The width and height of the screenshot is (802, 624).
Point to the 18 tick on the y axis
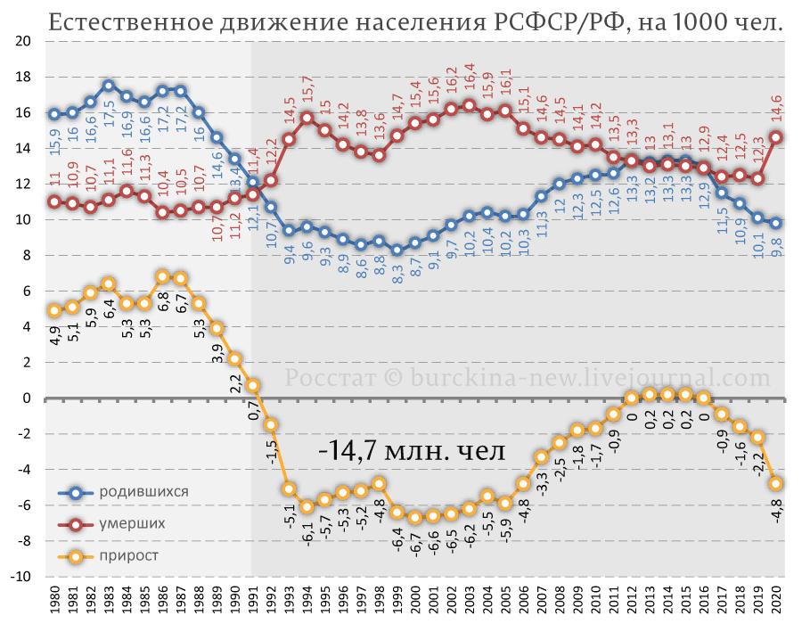pyautogui.click(x=24, y=77)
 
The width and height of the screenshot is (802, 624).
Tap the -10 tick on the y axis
pyautogui.click(x=21, y=576)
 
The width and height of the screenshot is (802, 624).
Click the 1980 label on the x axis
pyautogui.click(x=54, y=600)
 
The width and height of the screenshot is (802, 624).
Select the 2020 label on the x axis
pyautogui.click(x=777, y=600)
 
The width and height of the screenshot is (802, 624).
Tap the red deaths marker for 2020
pyautogui.click(x=776, y=137)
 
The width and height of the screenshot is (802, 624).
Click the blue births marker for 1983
pyautogui.click(x=109, y=86)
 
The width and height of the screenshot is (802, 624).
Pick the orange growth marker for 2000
pyautogui.click(x=415, y=517)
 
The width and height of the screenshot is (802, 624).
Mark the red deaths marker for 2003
pyautogui.click(x=469, y=105)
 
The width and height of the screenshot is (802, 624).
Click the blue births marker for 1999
pyautogui.click(x=397, y=250)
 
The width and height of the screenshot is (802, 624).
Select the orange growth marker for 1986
pyautogui.click(x=162, y=276)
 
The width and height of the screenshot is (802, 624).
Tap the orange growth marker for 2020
pyautogui.click(x=776, y=483)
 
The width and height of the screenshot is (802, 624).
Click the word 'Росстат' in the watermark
pyautogui.click(x=329, y=378)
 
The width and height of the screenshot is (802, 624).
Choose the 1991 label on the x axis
pyautogui.click(x=253, y=600)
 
